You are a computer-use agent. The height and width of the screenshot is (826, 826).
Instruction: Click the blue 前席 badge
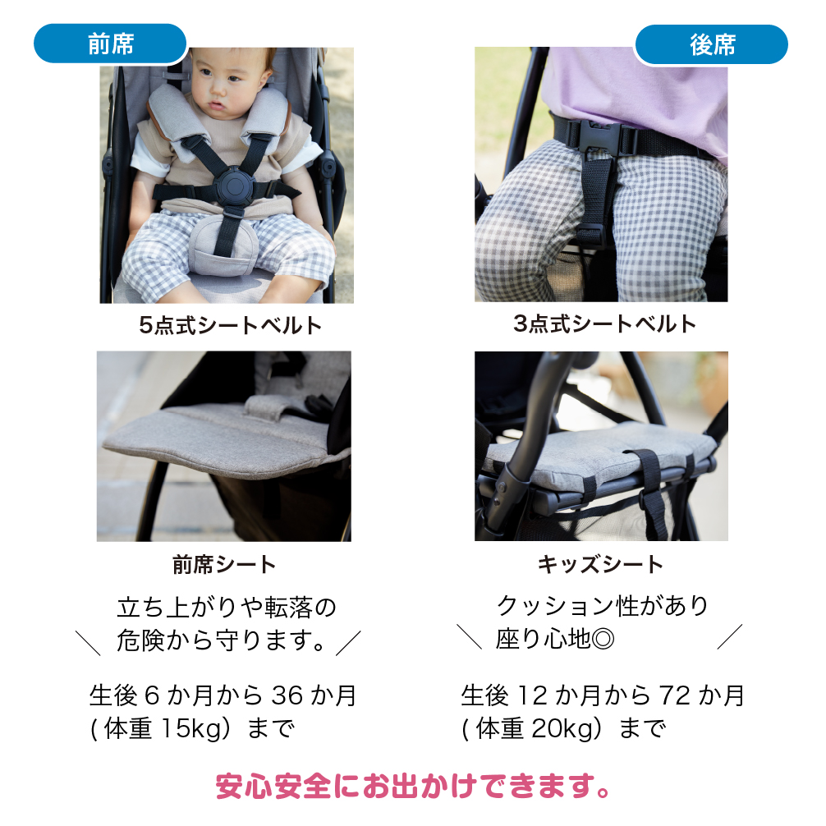[x=110, y=44]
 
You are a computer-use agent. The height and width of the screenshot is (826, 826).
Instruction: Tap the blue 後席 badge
[x=711, y=44]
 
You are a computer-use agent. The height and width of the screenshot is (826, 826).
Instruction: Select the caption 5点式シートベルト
[x=231, y=325]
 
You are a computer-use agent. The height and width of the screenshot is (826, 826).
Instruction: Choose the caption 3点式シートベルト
[x=604, y=324]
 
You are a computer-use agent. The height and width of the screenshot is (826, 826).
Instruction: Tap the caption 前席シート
[x=224, y=564]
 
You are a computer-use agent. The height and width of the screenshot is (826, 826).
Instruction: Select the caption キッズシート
[x=600, y=564]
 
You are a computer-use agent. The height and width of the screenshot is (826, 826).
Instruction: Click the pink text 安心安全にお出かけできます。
[x=413, y=786]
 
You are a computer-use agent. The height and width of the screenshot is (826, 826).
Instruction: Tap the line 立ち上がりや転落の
[x=227, y=608]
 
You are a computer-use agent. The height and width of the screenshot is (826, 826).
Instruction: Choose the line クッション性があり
[x=602, y=607]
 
